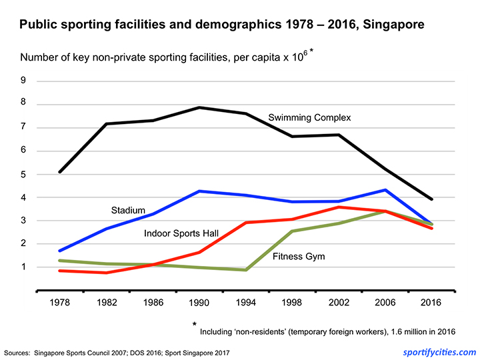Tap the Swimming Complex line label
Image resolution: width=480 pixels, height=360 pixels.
click(x=309, y=118)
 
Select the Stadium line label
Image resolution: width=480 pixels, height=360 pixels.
click(x=128, y=211)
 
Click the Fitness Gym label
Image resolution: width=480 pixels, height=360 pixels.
click(x=299, y=256)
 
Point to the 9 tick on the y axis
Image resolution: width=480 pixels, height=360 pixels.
click(x=23, y=81)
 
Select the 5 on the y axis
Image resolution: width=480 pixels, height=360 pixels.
click(x=23, y=175)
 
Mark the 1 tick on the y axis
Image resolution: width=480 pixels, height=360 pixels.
click(x=23, y=267)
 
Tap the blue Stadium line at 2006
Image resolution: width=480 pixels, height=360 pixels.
click(x=386, y=190)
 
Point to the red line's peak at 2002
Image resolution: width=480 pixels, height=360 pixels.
click(x=339, y=207)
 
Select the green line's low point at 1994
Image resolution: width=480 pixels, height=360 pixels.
click(x=247, y=270)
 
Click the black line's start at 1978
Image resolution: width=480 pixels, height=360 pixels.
click(x=61, y=172)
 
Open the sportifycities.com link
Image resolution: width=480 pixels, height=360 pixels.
click(x=435, y=351)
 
